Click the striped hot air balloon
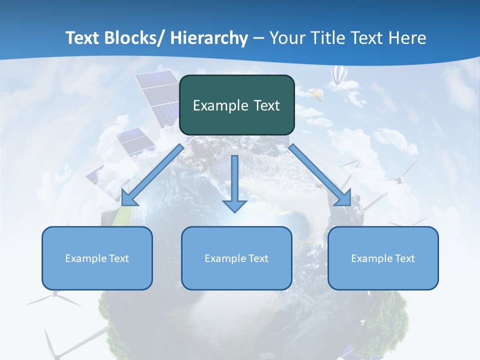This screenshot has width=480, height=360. (x=338, y=75)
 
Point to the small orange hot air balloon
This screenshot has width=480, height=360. (x=317, y=93)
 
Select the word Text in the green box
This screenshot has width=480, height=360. (x=264, y=105)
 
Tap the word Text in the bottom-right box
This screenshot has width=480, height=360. (x=403, y=258)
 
